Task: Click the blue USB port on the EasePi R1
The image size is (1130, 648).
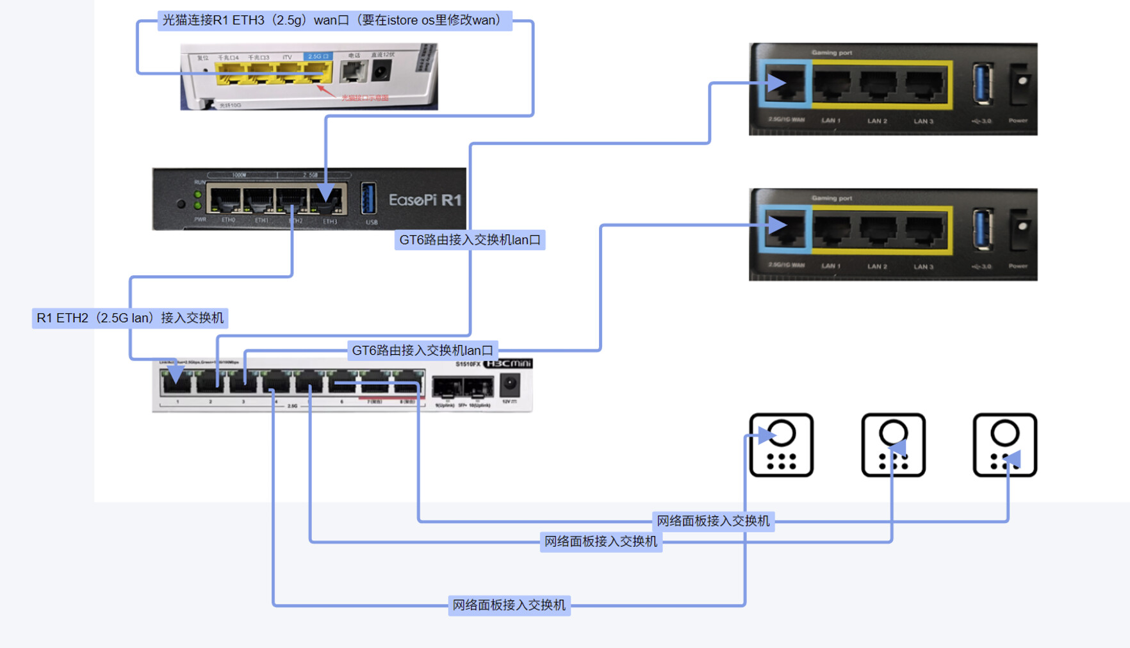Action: coord(368,198)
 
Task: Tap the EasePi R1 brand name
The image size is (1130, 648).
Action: coord(425,200)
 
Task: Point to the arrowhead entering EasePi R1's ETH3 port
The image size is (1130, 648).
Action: coord(325,193)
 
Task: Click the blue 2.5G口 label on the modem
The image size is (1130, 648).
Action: coord(318,56)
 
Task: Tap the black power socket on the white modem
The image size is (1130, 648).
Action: coord(382,70)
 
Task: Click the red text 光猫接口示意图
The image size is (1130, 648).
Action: coord(364,98)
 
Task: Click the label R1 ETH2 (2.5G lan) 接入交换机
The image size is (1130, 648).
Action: coord(130,318)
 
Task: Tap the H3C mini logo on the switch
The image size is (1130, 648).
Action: coord(507,364)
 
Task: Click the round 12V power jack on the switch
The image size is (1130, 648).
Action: coord(510,384)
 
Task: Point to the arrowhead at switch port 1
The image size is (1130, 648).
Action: coord(176,373)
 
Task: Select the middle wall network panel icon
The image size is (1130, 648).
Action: coord(893,445)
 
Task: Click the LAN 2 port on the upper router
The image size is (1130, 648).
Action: coord(878,85)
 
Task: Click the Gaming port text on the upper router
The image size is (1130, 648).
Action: coord(831,53)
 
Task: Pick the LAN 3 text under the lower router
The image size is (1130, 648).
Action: coord(923,266)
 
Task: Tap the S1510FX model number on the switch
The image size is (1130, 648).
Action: coord(468,364)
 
